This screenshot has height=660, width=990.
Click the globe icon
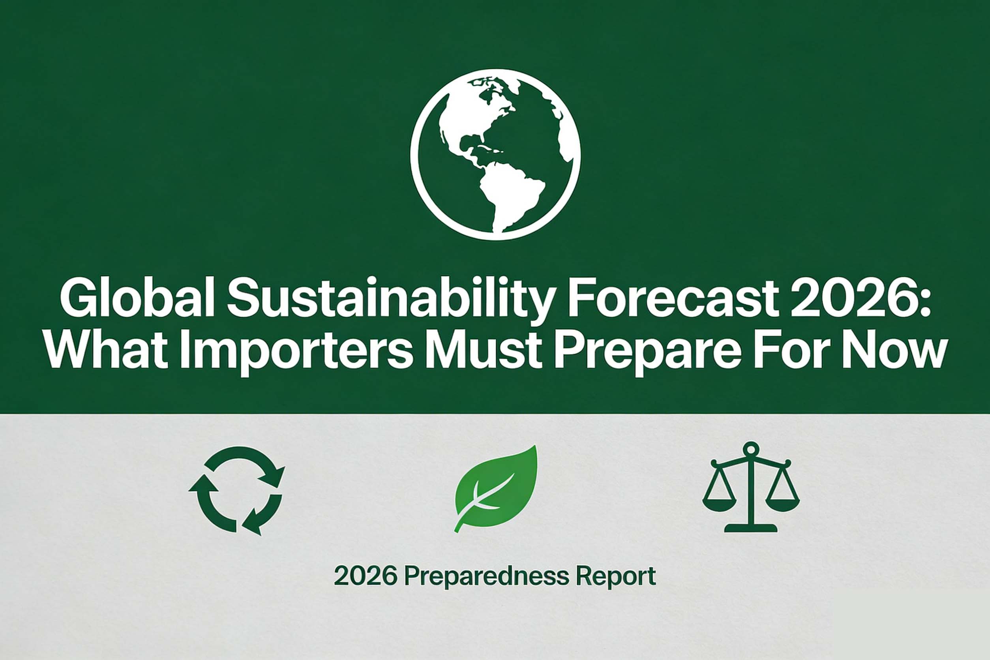[x=495, y=154]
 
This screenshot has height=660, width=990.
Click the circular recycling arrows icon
[x=237, y=490]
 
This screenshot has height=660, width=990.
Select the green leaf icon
[x=497, y=488]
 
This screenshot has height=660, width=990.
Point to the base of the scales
[x=750, y=528]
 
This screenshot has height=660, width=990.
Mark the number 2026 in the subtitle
[x=366, y=577]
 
